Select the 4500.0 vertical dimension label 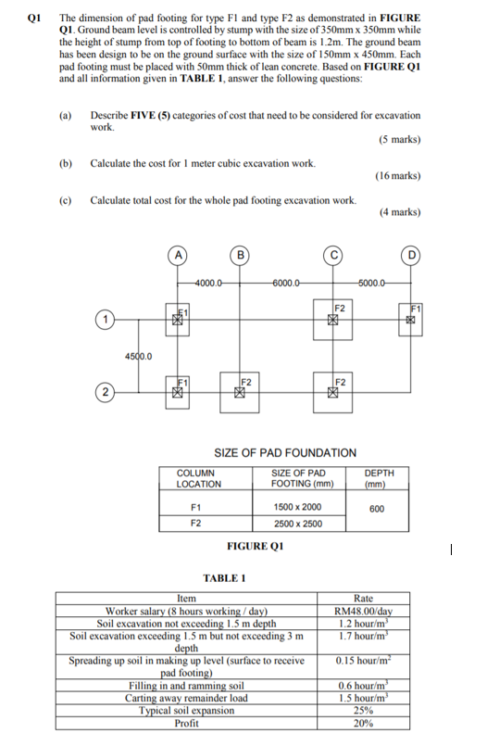pyautogui.click(x=138, y=355)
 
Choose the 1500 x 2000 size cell pyautogui.click(x=297, y=507)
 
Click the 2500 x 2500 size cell pyautogui.click(x=297, y=524)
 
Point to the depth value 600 pyautogui.click(x=378, y=508)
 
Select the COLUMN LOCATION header pyautogui.click(x=198, y=478)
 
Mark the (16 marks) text pyautogui.click(x=399, y=175)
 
